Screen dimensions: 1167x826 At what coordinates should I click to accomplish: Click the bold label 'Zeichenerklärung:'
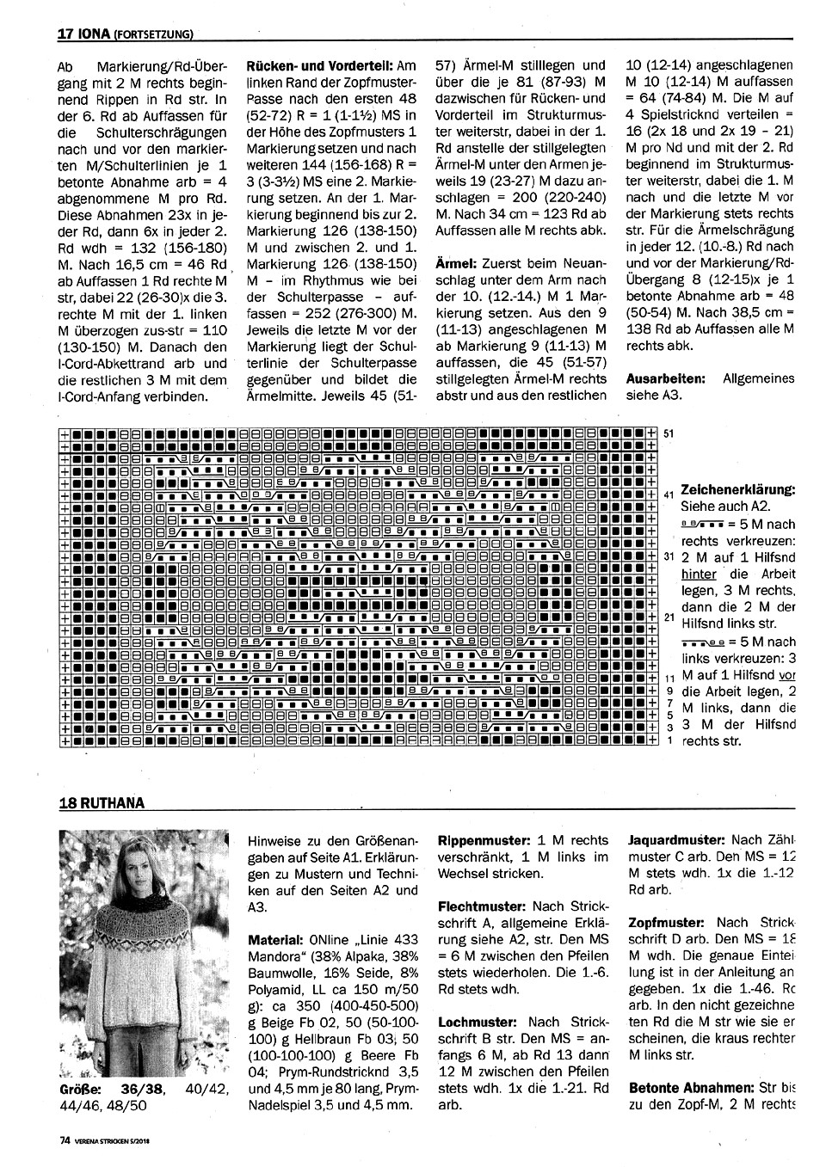737,488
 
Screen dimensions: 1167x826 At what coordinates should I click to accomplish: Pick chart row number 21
669,617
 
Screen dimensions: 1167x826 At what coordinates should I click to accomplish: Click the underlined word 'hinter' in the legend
698,574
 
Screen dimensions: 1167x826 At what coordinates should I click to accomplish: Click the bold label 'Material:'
275,940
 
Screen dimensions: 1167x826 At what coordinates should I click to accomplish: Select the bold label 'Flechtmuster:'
481,906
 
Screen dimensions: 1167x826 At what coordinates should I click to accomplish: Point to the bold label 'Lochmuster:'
477,1023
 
